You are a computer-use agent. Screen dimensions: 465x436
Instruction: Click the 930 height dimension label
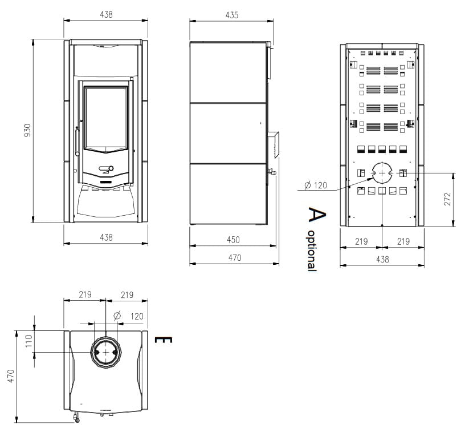pos(27,130)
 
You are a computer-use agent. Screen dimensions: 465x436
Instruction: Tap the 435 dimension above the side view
pos(231,15)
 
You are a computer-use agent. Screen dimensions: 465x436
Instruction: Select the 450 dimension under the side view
pos(233,240)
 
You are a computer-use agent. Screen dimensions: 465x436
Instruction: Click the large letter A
pos(317,215)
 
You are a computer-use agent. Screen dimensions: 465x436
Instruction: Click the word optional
pos(311,251)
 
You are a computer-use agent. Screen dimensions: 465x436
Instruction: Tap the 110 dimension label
pos(28,341)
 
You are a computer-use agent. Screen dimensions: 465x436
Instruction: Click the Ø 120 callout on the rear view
pos(316,185)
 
